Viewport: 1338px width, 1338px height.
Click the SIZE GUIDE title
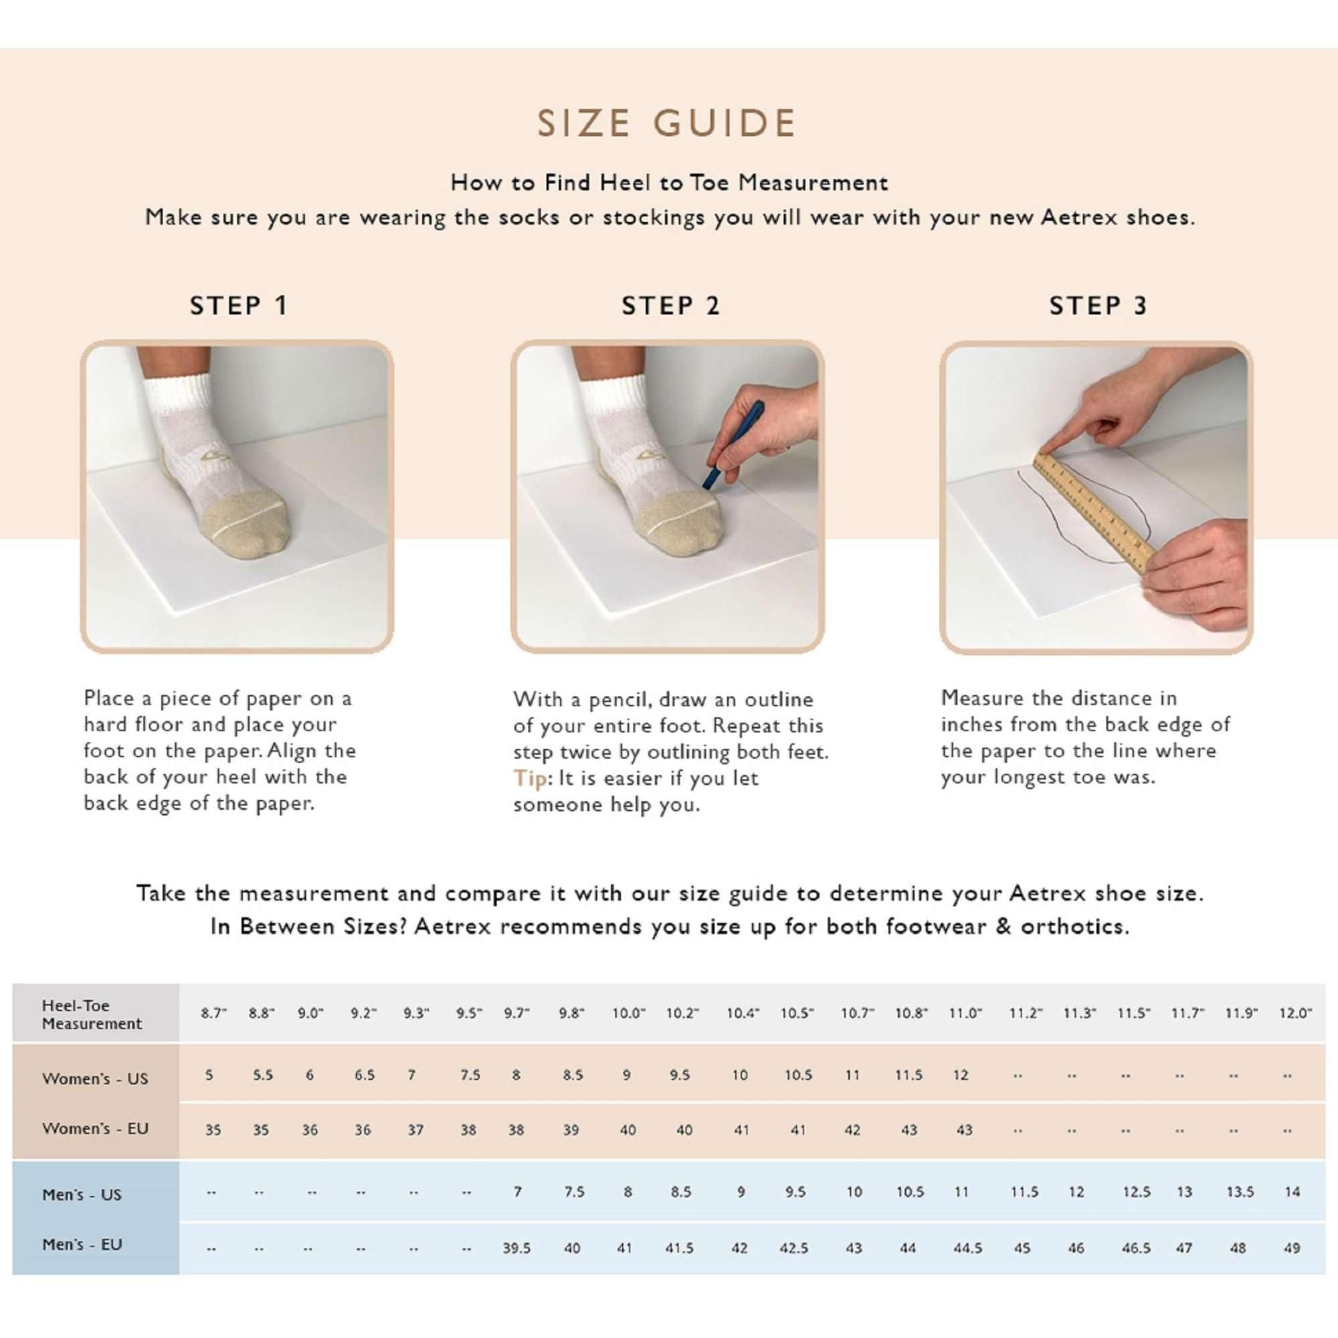tap(667, 124)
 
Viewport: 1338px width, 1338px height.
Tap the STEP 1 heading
tap(239, 306)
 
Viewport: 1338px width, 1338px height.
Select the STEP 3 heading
tap(1098, 306)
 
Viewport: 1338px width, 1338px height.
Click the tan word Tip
tap(530, 778)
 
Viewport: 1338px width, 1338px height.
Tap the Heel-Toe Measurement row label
tap(92, 1014)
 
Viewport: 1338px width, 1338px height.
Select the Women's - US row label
tap(95, 1078)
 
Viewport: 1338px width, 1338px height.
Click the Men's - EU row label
tap(82, 1244)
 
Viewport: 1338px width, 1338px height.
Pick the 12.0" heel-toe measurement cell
tap(1295, 1013)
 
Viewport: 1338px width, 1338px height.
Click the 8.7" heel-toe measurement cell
tap(213, 1013)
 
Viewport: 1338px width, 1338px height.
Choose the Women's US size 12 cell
tap(961, 1075)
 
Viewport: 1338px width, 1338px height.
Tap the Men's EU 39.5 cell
tap(516, 1247)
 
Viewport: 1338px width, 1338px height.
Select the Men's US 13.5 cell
tap(1240, 1192)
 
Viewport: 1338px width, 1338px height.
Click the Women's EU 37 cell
tap(415, 1129)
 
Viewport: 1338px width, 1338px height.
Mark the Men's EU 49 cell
tap(1292, 1247)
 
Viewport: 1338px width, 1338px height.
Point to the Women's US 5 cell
tap(209, 1075)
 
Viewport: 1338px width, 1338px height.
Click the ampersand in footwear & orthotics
tap(1003, 926)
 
